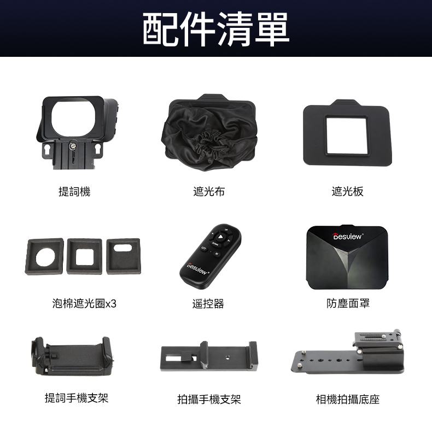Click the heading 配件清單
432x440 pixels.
point(216,29)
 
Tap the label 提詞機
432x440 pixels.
point(74,192)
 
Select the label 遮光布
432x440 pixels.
point(209,191)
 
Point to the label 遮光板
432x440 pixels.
point(347,191)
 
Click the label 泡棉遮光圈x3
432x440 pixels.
point(84,303)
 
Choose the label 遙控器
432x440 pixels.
point(208,303)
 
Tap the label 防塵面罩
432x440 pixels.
point(348,303)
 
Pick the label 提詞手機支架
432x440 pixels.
point(77,397)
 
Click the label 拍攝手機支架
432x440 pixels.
point(209,399)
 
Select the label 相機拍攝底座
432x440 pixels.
point(348,399)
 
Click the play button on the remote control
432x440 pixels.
point(220,237)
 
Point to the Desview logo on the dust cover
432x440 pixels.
point(347,237)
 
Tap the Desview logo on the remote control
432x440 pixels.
point(197,268)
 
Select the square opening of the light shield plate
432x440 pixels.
point(346,136)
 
